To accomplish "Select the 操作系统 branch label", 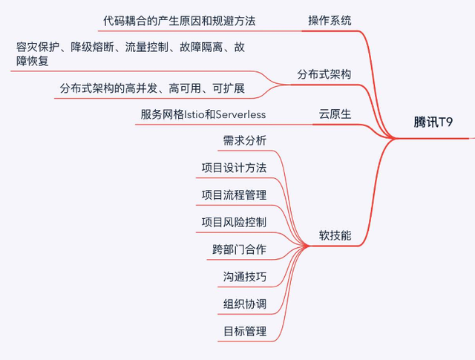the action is click(330, 20).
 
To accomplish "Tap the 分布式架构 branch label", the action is click(324, 74).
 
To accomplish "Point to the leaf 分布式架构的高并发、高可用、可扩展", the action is click(152, 90).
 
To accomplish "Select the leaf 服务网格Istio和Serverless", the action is click(203, 114).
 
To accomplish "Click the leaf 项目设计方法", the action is click(234, 167).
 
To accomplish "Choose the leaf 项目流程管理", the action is click(234, 194).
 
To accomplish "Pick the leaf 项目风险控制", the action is click(234, 222).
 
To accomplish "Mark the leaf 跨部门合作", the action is click(239, 249).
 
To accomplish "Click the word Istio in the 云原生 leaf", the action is click(194, 114).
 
